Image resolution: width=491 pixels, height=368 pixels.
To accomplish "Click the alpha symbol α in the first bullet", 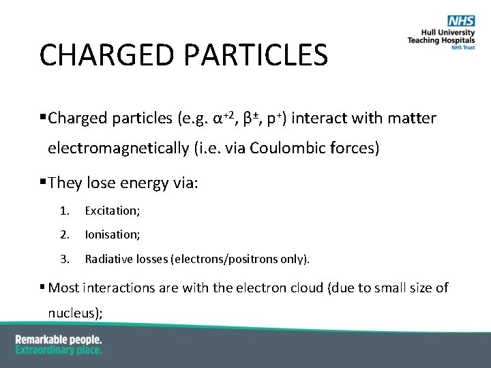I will pos(218,119).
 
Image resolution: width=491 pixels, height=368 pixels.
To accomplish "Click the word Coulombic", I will pos(284,148).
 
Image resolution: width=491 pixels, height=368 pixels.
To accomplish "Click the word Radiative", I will pos(107,259).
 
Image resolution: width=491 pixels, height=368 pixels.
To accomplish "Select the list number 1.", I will pos(63,211).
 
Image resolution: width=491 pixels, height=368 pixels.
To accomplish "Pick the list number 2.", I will pos(64,234).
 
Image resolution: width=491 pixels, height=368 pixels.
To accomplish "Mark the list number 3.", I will pos(64,259).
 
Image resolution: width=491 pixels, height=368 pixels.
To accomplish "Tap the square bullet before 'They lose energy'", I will pos(43,182).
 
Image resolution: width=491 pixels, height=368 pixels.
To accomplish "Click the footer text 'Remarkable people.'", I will pos(59,339).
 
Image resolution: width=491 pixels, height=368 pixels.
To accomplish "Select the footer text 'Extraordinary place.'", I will pos(59,350).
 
